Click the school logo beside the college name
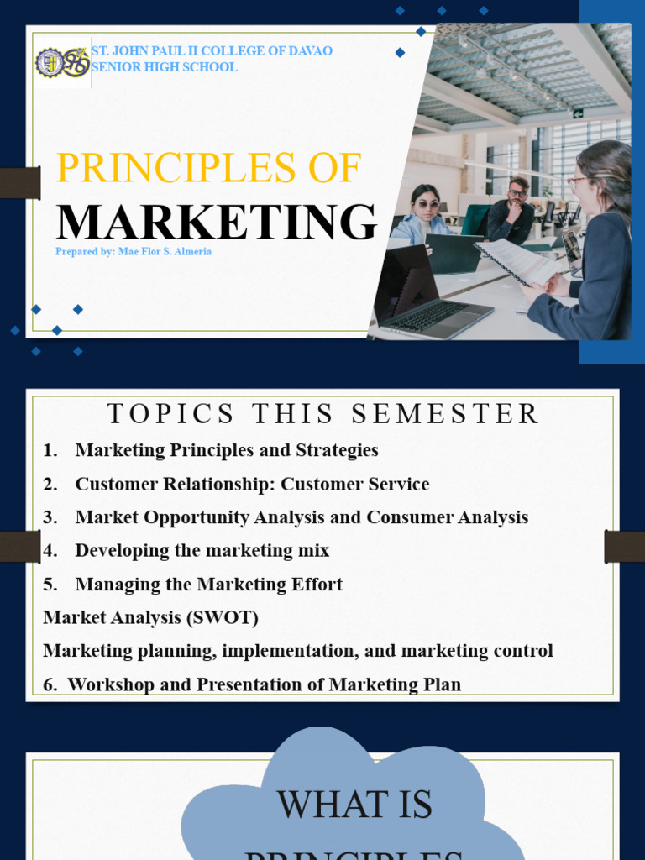pyautogui.click(x=62, y=62)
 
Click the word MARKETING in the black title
pyautogui.click(x=217, y=222)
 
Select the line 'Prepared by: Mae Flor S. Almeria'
pyautogui.click(x=134, y=251)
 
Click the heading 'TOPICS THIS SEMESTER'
pyautogui.click(x=323, y=414)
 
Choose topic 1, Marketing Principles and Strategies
pyautogui.click(x=227, y=450)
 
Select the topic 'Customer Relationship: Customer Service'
pyautogui.click(x=252, y=484)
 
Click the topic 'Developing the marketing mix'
pyautogui.click(x=202, y=551)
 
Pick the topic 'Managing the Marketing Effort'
pyautogui.click(x=208, y=585)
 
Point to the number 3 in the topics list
pyautogui.click(x=50, y=517)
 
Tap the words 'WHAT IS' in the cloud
pyautogui.click(x=354, y=805)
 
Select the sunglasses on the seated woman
pyautogui.click(x=426, y=204)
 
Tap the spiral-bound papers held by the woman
pyautogui.click(x=517, y=260)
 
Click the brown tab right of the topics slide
pyautogui.click(x=624, y=546)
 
